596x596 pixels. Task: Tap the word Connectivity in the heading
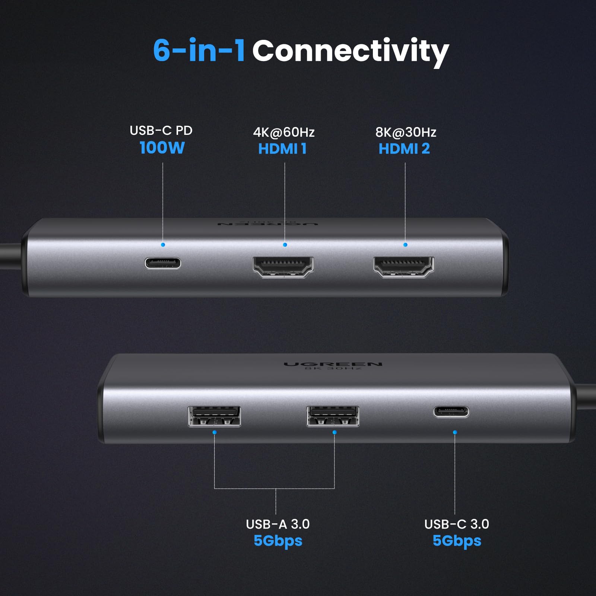pos(350,51)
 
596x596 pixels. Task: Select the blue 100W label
pos(162,148)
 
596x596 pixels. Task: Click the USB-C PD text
pos(161,130)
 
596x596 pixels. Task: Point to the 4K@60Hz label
pos(284,132)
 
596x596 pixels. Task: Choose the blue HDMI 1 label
pos(282,149)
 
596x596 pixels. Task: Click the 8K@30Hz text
pos(406,132)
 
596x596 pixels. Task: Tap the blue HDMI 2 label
pos(404,149)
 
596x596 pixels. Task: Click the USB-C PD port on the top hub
pos(163,263)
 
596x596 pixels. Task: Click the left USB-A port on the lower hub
pos(214,416)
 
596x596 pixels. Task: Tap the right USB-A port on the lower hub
pos(333,416)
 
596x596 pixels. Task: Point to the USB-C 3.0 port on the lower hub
pos(451,412)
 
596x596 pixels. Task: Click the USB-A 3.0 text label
pos(278,524)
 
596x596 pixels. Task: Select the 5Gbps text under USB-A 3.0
pos(278,540)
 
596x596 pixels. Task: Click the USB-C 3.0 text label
pos(457,524)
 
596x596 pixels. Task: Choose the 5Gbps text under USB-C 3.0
pos(457,540)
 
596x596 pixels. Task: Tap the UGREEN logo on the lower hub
pos(333,364)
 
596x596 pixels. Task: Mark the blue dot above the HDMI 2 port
pos(405,245)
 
